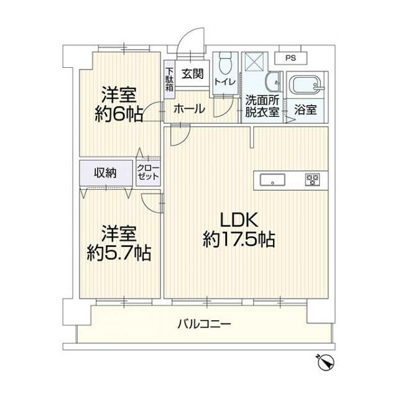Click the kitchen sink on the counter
pyautogui.click(x=272, y=180)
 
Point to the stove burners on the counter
pyautogui.click(x=312, y=180)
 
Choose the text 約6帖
pyautogui.click(x=119, y=113)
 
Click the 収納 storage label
pyautogui.click(x=106, y=173)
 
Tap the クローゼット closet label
pyautogui.click(x=148, y=173)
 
